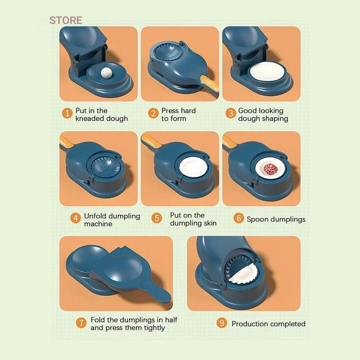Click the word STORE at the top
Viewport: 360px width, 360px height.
[66, 20]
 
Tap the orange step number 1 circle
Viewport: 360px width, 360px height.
[67, 114]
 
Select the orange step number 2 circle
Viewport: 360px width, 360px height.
[153, 114]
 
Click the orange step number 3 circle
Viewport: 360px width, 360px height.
[231, 114]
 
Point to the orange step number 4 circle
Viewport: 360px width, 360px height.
[76, 218]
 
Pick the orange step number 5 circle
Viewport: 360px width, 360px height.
[156, 218]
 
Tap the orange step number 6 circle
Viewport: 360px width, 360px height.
[238, 218]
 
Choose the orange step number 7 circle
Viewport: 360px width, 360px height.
[81, 323]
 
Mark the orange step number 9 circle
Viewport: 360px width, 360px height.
[222, 323]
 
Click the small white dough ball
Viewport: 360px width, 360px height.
[106, 73]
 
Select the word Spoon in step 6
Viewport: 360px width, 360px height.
[256, 220]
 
